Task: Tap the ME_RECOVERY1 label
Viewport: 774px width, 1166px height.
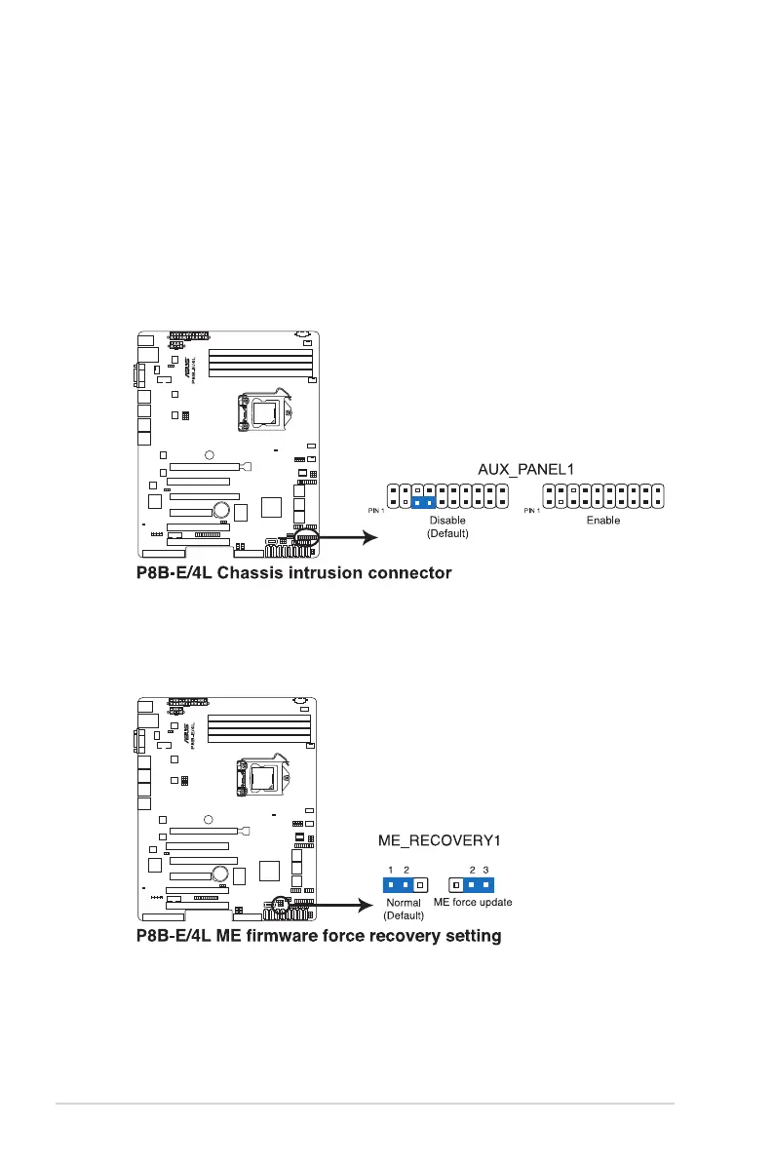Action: tap(431, 837)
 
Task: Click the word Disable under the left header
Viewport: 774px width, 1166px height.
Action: tap(447, 521)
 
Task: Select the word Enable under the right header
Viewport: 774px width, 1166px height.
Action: tap(602, 521)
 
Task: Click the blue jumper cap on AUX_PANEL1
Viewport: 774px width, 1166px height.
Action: tap(423, 503)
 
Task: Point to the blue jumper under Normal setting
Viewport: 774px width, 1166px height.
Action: tap(397, 885)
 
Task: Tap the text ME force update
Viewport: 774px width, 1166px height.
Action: tap(473, 903)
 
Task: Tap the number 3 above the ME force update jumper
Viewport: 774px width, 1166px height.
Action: tap(485, 869)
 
